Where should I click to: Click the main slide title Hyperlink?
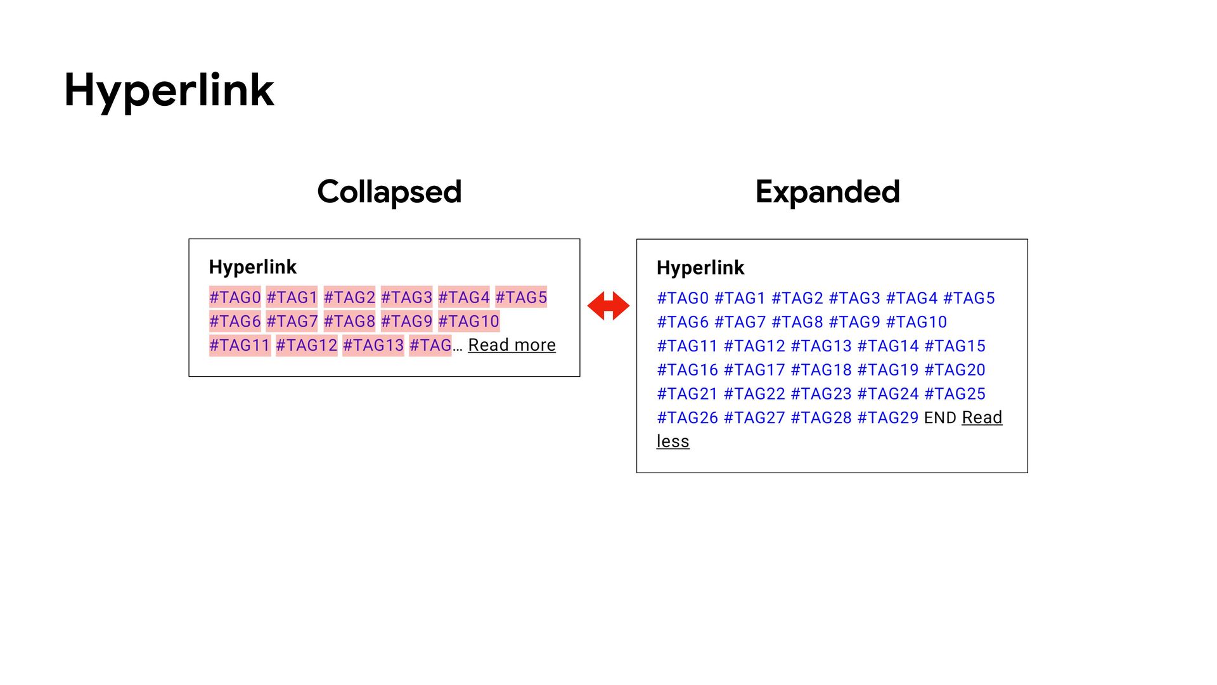point(169,90)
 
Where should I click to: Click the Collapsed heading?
point(389,192)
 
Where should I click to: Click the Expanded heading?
point(827,192)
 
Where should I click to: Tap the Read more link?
point(512,345)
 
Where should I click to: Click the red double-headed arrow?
point(608,306)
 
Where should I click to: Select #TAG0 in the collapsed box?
point(235,297)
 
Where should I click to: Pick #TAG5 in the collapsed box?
point(521,297)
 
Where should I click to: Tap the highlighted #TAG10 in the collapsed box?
point(468,322)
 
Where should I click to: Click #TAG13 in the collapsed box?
point(373,346)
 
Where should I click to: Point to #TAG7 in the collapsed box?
point(292,322)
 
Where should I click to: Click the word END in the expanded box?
point(940,418)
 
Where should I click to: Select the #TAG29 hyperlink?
point(887,418)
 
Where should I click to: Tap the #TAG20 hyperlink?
point(955,370)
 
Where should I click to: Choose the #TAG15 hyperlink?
point(955,346)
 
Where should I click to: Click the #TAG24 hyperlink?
point(887,394)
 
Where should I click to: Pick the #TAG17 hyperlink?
point(754,370)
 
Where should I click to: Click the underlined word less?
point(673,441)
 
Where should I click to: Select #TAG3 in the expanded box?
point(854,298)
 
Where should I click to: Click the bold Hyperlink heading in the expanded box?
point(700,268)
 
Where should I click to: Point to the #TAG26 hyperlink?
point(687,418)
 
